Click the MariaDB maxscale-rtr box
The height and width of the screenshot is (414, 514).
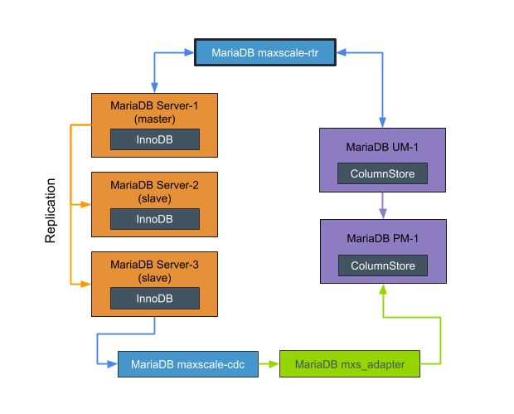tap(264, 53)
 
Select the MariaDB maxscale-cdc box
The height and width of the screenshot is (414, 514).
tap(187, 364)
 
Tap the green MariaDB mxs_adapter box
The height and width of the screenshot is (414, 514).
tap(349, 364)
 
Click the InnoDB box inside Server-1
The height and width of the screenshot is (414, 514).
tap(154, 139)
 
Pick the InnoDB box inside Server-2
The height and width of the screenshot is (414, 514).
tap(154, 219)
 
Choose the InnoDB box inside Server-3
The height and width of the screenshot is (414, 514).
tap(154, 299)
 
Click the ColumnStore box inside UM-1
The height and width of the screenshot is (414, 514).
tap(382, 173)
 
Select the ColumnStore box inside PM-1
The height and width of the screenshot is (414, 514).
tap(382, 265)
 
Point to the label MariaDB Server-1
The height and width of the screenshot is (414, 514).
tap(154, 105)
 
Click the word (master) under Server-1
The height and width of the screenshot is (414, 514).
tap(154, 119)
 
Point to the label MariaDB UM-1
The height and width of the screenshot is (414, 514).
tap(382, 147)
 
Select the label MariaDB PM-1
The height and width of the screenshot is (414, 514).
tap(382, 238)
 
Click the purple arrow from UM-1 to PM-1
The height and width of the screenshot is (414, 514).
tap(382, 206)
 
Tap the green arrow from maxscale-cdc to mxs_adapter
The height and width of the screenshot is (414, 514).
tap(269, 364)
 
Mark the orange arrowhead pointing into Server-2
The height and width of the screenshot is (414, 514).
tap(86, 204)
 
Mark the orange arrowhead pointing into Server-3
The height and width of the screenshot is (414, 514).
tap(86, 284)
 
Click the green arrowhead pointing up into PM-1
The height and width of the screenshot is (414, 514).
tap(382, 289)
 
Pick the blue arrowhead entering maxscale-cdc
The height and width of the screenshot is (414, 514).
tap(113, 364)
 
